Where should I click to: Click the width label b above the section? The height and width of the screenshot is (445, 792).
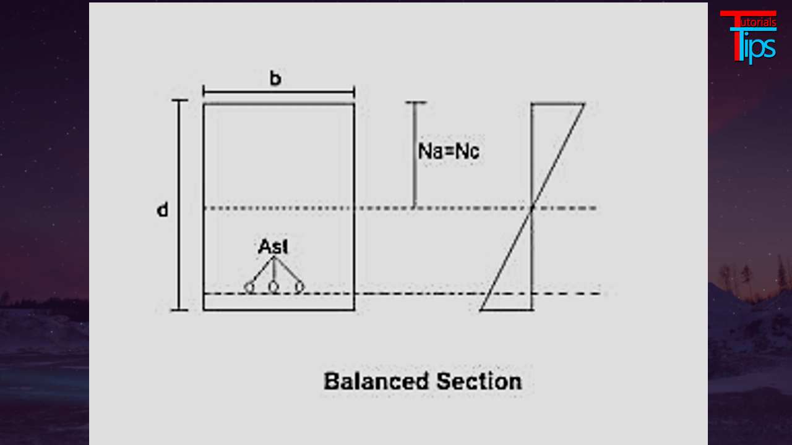click(x=275, y=79)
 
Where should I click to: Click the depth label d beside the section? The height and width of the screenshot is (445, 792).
click(x=162, y=210)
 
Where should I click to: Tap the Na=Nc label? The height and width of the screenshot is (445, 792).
click(x=449, y=151)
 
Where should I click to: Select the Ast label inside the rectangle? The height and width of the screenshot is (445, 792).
click(x=273, y=247)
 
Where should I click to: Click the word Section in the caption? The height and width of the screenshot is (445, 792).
click(x=479, y=381)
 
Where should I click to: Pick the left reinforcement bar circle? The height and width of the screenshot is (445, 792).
click(x=249, y=287)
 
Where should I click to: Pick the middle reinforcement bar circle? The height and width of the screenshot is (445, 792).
click(x=273, y=287)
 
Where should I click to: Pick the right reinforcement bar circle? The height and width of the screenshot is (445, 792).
click(x=299, y=287)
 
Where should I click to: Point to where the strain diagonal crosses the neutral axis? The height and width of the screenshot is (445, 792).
click(x=532, y=208)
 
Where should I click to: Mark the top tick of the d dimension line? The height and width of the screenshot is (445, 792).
click(x=179, y=100)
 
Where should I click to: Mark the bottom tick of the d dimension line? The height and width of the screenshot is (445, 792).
click(x=179, y=310)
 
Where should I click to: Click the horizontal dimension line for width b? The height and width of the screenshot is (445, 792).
click(x=278, y=93)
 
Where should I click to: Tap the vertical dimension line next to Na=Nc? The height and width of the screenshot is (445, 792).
click(x=415, y=155)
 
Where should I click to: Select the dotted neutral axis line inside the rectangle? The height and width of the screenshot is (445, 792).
click(x=278, y=208)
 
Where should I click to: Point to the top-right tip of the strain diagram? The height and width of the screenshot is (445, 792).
click(x=584, y=104)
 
